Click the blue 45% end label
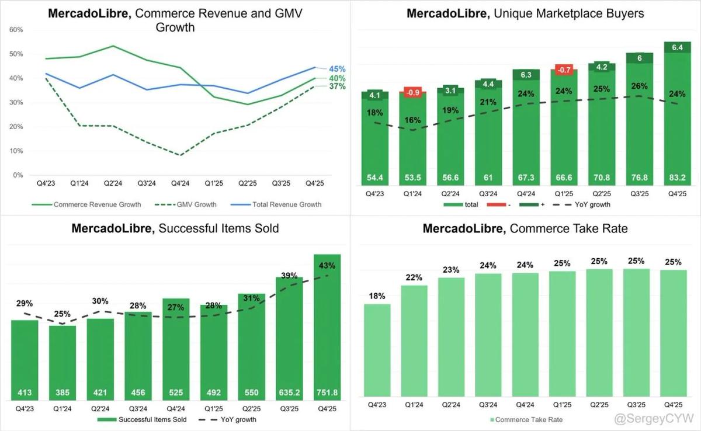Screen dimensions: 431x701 (x=337, y=68)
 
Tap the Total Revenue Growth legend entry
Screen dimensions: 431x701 (x=286, y=204)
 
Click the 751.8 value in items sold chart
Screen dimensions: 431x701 (x=327, y=392)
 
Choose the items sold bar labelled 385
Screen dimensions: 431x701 (x=62, y=362)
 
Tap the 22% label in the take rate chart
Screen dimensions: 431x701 (x=414, y=277)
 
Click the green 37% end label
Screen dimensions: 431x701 (x=337, y=86)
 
